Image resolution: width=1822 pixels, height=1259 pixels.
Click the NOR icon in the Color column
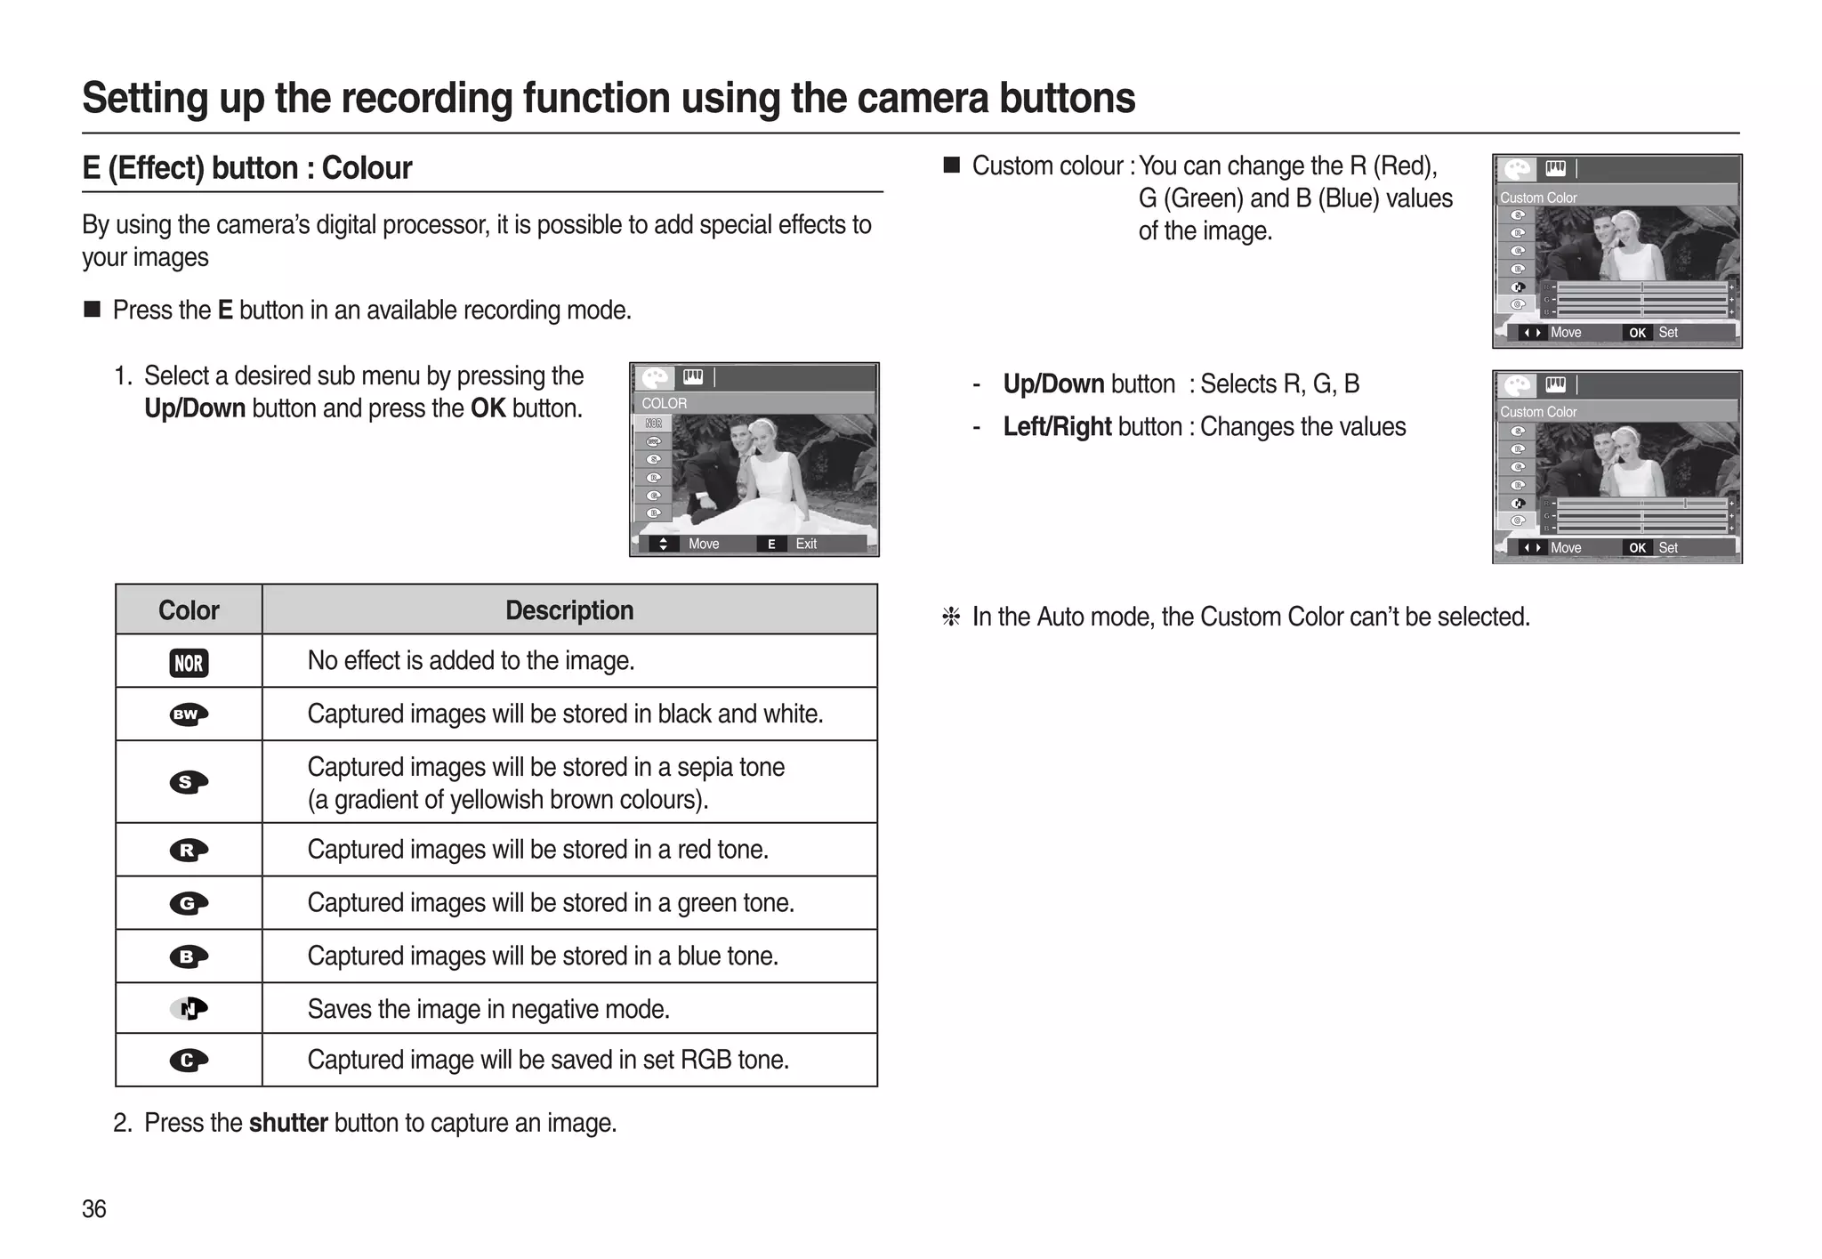pos(189,663)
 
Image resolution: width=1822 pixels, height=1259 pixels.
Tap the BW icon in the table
pos(189,714)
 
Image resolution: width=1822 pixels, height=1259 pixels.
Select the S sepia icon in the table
pos(189,782)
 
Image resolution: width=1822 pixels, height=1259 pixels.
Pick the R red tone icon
pos(189,850)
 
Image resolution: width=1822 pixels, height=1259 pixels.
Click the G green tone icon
pos(189,903)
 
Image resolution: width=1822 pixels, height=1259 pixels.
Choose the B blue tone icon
pos(189,956)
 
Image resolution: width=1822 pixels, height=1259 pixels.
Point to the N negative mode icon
pos(189,1008)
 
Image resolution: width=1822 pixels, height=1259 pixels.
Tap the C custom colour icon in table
pos(189,1060)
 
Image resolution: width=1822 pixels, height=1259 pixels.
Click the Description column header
pos(569,610)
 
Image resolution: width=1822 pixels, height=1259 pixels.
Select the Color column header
pos(189,610)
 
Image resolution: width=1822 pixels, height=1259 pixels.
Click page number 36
pos(94,1209)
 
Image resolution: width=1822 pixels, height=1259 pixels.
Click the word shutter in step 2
pos(288,1123)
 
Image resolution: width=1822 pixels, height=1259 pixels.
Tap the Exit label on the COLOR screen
pos(806,544)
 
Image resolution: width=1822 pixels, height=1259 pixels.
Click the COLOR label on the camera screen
pos(665,403)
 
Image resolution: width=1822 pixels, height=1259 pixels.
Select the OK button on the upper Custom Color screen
pos(1637,333)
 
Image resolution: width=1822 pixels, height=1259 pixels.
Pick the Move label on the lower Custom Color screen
pos(1566,548)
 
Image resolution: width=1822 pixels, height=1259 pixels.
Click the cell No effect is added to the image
pos(471,661)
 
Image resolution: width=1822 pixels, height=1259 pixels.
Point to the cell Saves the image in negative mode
pos(488,1009)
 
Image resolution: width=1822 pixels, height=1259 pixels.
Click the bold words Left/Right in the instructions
pos(1057,427)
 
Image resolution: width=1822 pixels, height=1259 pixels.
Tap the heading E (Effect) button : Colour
pos(247,168)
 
